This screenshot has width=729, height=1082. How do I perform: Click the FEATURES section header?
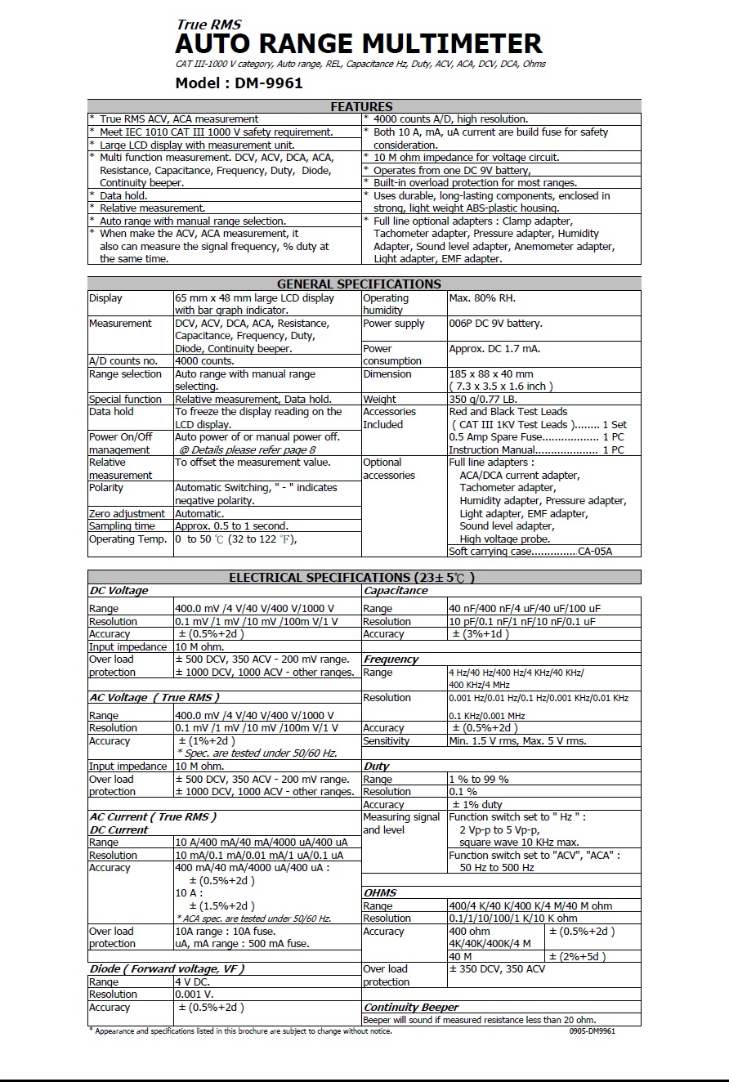361,106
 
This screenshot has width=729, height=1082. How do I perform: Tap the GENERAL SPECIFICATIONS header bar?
359,284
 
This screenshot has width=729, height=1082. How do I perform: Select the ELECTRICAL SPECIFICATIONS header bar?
351,578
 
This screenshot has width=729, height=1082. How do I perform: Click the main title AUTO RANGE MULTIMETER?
359,42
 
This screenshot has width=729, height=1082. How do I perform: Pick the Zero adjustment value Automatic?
199,514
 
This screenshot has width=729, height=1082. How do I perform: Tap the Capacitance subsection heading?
396,591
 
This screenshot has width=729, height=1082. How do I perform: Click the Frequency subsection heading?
391,659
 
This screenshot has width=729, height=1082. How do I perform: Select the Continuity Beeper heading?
411,1008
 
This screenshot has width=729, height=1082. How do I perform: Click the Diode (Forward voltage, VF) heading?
167,968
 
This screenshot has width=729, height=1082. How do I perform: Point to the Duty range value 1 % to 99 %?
479,780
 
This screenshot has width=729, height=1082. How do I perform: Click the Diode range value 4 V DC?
192,982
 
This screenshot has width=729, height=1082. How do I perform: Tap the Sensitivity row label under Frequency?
387,741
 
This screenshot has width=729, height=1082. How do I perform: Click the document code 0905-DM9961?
592,1031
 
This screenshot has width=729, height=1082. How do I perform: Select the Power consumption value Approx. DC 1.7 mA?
494,349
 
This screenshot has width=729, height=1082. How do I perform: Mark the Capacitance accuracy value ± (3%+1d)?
481,634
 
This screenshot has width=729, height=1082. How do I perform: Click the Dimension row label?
387,374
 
